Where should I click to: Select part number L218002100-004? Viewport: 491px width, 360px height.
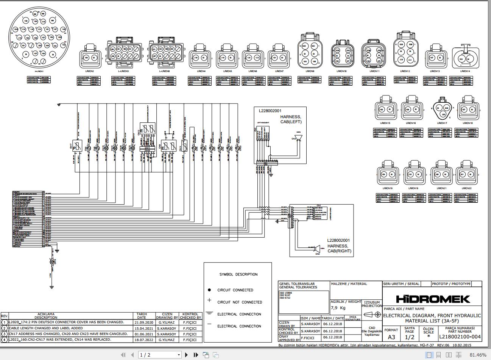(x=460, y=337)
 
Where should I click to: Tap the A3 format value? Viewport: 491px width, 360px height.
(x=391, y=337)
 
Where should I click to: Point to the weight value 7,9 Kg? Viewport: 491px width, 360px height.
(x=338, y=308)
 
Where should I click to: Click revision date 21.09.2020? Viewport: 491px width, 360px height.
(x=143, y=322)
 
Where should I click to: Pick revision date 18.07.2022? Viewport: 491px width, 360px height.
(x=143, y=340)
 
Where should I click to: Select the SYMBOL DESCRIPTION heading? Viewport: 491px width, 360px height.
(x=238, y=274)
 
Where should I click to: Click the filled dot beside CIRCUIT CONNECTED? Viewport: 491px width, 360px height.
(x=209, y=290)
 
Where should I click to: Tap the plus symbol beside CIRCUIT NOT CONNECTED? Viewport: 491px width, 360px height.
(x=209, y=301)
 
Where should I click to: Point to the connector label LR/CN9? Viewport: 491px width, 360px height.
(x=310, y=71)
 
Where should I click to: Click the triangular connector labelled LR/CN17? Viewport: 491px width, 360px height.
(x=442, y=111)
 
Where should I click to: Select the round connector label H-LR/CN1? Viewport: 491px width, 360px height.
(x=39, y=71)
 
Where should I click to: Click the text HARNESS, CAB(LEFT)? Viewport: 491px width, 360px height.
(x=290, y=119)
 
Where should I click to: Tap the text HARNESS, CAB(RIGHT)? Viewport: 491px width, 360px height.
(x=338, y=249)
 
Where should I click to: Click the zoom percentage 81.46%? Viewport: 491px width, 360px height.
(x=478, y=355)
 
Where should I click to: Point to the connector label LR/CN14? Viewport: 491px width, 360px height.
(x=465, y=71)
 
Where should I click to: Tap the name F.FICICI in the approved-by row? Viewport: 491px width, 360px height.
(x=308, y=337)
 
